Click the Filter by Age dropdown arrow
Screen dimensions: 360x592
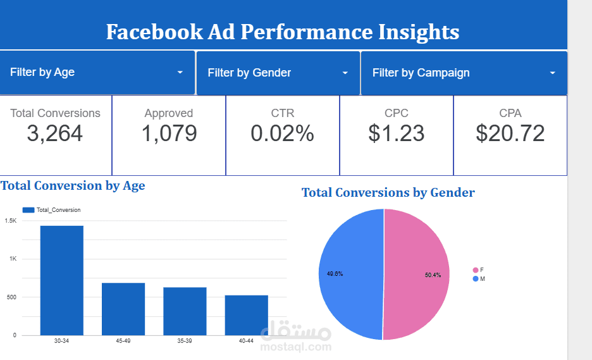(180, 73)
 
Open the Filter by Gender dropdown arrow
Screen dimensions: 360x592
(345, 73)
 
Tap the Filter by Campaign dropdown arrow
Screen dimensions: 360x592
(552, 73)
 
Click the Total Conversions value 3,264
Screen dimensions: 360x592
(55, 133)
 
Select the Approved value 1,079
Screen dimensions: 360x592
(169, 133)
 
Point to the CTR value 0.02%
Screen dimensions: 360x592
(282, 133)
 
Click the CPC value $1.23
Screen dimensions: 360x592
(397, 133)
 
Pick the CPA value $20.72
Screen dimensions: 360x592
(510, 133)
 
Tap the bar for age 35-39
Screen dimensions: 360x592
(185, 311)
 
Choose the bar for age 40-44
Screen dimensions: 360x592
(246, 315)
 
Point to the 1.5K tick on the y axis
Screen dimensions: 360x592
(11, 221)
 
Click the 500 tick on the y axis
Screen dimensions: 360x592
(11, 297)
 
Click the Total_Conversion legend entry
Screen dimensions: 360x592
(51, 210)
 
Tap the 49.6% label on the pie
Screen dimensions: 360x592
(335, 274)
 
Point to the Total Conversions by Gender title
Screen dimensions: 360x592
(388, 192)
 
